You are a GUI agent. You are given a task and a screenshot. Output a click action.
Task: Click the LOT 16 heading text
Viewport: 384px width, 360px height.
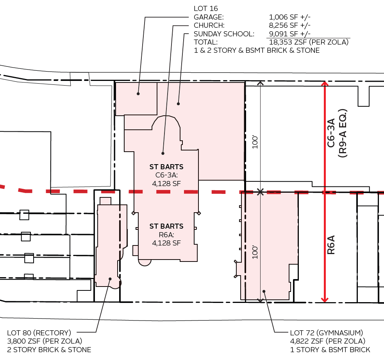coord(205,8)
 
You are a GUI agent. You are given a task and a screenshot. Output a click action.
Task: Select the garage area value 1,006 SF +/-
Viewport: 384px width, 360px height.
coord(290,17)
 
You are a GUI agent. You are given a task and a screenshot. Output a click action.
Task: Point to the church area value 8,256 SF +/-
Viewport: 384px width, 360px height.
coord(290,25)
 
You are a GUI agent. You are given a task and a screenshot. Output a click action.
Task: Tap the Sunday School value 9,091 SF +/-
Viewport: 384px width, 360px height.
coord(290,34)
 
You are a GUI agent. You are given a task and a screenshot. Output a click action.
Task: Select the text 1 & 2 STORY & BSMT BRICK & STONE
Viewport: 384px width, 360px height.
coord(257,51)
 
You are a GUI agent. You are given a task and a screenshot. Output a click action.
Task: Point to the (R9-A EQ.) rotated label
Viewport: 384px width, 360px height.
coord(343,133)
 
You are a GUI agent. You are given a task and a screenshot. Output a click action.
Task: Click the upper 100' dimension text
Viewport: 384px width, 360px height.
coord(255,141)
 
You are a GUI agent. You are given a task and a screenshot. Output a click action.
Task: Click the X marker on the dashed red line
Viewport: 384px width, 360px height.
coord(261,192)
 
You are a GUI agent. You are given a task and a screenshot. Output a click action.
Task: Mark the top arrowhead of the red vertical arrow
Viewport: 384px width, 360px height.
coord(324,83)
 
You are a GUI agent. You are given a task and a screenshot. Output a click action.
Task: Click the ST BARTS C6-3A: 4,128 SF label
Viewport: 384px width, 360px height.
coord(166,175)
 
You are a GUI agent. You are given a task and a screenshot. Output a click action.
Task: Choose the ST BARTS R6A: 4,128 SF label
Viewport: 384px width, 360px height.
coord(166,235)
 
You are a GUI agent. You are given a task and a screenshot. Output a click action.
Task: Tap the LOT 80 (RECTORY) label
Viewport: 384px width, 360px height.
coord(39,333)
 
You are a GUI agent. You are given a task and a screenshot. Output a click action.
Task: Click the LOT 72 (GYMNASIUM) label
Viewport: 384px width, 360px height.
coord(327,333)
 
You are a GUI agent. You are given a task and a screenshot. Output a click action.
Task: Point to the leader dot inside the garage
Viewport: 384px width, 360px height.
coord(138,94)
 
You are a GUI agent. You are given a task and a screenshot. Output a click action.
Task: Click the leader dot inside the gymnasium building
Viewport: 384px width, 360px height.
coord(264,291)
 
